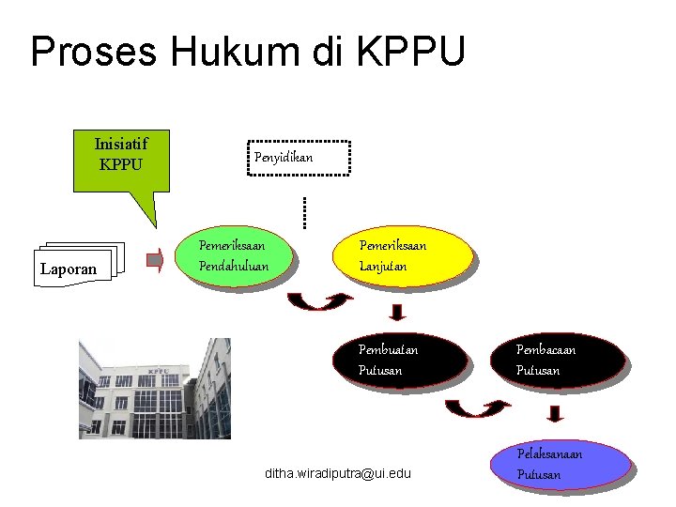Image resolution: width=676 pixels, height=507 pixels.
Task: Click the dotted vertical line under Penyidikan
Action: point(303,211)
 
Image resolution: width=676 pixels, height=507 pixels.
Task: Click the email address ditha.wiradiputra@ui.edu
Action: point(338,474)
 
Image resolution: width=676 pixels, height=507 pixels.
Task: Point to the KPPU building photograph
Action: point(154,388)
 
